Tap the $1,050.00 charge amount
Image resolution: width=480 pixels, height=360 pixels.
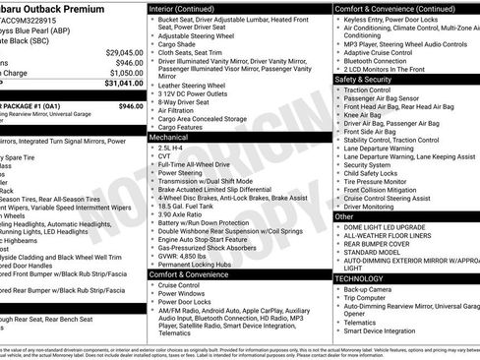(x=126, y=73)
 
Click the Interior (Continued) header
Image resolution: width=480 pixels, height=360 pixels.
(x=188, y=8)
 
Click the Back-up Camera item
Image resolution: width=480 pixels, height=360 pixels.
(x=367, y=290)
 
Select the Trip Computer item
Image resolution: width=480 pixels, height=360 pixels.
(x=367, y=299)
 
